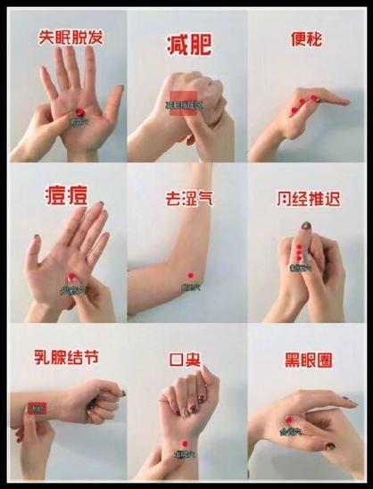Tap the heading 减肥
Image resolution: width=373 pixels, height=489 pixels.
pos(187,44)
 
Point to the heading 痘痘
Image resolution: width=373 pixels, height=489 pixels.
pos(65,195)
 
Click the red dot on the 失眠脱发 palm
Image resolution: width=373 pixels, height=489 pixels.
pos(78,109)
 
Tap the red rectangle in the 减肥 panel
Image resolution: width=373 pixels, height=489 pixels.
pos(183,102)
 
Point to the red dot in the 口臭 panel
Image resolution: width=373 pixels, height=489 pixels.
pos(184,443)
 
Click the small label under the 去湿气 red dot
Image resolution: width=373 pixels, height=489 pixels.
pos(189,287)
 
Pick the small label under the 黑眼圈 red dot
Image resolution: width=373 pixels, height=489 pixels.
pos(289,431)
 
